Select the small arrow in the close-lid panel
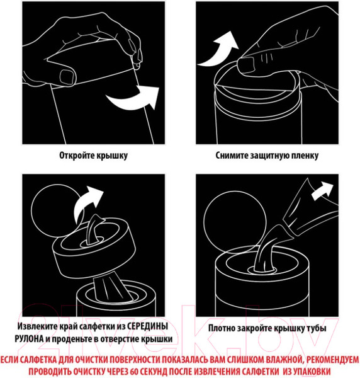point(322,191)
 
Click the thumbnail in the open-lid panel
point(67,77)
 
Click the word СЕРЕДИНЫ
point(147,326)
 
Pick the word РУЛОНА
point(29,339)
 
